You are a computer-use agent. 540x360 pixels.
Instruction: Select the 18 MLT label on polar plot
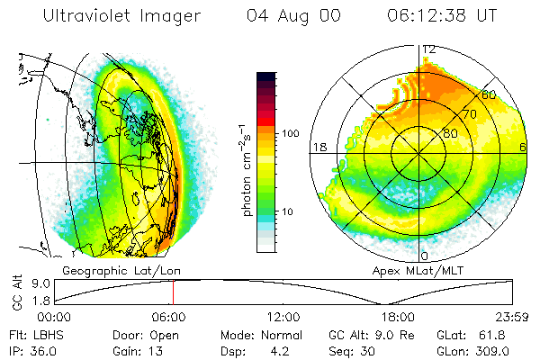pyautogui.click(x=318, y=147)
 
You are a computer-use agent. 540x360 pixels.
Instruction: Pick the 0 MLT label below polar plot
pyautogui.click(x=423, y=257)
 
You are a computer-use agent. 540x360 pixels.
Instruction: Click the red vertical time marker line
pyautogui.click(x=174, y=292)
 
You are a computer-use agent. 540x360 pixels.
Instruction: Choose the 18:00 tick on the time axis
pyautogui.click(x=397, y=317)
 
